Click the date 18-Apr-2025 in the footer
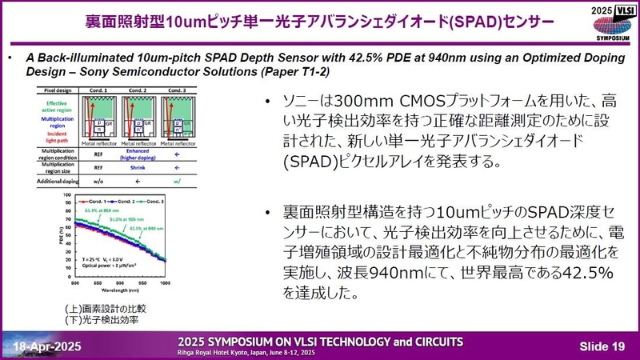(46, 344)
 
